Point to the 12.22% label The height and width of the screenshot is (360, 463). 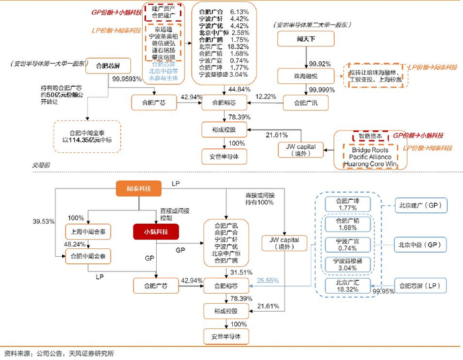(267, 97)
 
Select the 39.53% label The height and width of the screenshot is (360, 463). (43, 221)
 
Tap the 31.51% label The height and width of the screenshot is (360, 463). (241, 273)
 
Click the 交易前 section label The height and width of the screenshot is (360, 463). (41, 164)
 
